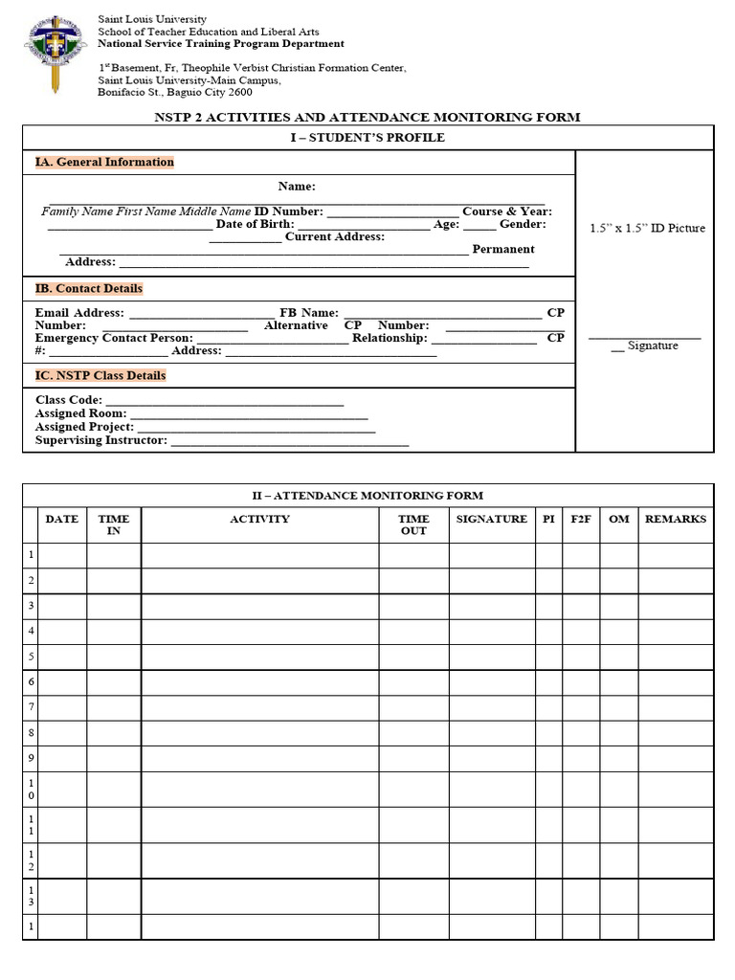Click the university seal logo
tap(56, 53)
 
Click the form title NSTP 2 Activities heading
tap(367, 117)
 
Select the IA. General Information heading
tap(104, 162)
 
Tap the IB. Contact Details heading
tap(89, 288)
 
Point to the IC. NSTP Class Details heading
tap(100, 375)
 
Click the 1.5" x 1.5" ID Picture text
tap(647, 228)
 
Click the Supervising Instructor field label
tap(101, 440)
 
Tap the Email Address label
tap(79, 312)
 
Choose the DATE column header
tap(62, 519)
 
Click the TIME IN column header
tap(114, 524)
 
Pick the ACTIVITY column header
tap(259, 519)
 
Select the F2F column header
tap(581, 519)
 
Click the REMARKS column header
tap(676, 519)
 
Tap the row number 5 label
tap(31, 657)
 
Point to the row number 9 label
tap(31, 758)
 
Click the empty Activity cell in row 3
tap(259, 606)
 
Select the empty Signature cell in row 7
tap(492, 707)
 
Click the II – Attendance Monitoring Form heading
tap(367, 495)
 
